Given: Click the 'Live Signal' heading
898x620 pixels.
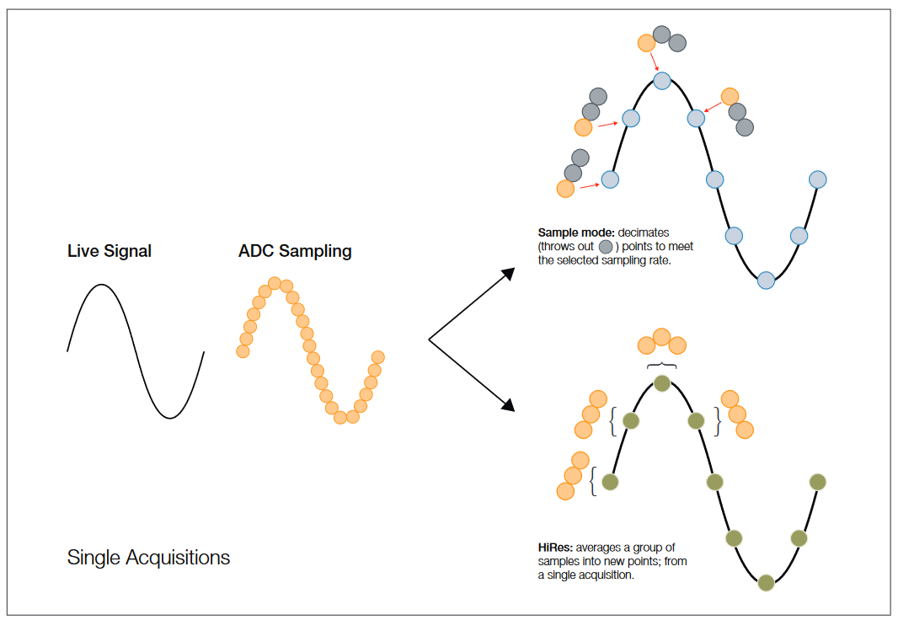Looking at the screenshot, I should pos(110,251).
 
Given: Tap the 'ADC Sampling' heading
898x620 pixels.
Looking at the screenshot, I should pos(295,251).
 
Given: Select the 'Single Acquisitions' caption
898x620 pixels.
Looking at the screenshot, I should pos(148,558).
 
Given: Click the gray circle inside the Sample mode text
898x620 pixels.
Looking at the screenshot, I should pos(606,247).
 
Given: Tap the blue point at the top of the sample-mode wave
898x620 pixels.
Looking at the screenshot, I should pos(662,81).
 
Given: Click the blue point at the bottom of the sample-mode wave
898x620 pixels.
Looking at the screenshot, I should pos(765,281).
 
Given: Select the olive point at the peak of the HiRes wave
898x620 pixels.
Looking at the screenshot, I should pos(662,383).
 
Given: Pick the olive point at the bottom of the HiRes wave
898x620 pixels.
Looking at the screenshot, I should pos(765,582).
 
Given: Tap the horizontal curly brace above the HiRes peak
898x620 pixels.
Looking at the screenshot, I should pos(662,366).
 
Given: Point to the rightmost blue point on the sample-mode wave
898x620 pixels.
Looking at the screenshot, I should pos(817,179).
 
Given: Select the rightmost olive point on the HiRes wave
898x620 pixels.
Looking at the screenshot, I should pos(817,482).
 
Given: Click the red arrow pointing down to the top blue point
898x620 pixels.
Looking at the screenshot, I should pos(654,61).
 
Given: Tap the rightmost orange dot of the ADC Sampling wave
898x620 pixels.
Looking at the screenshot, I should pos(377,357).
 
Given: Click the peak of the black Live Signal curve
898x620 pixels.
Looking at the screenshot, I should pos(101,286).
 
